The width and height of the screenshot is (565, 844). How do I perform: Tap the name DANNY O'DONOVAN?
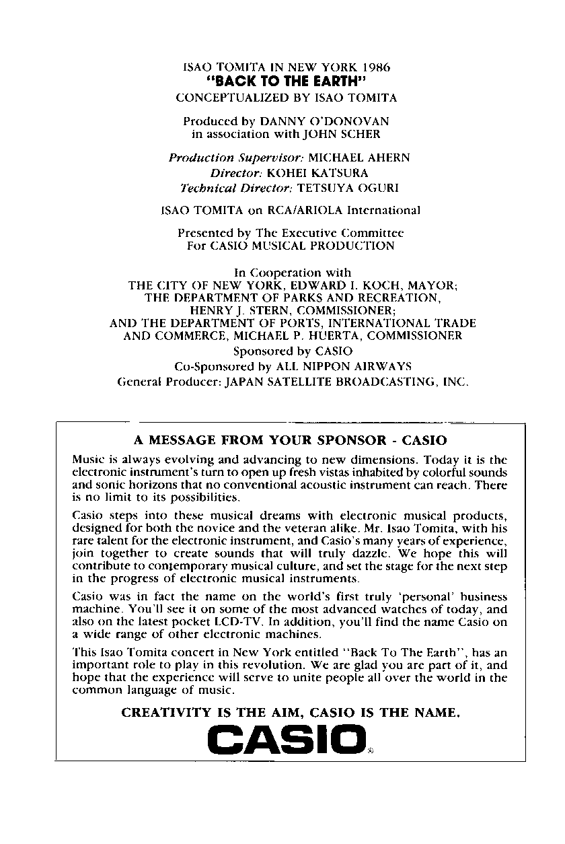tap(324, 122)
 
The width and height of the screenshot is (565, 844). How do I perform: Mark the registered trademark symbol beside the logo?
tap(370, 751)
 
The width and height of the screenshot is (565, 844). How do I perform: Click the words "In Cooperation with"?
tap(292, 273)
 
